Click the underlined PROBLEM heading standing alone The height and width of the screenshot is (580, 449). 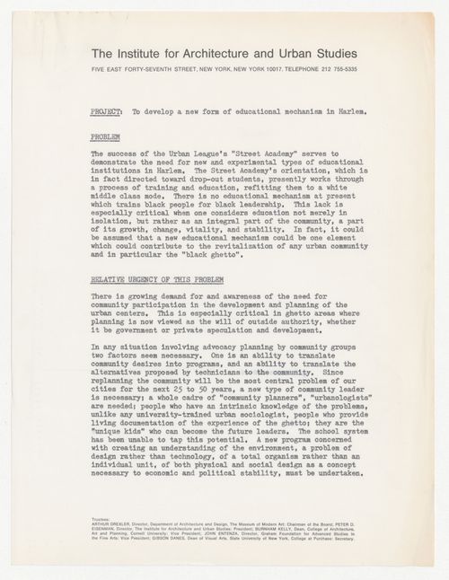point(107,137)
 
